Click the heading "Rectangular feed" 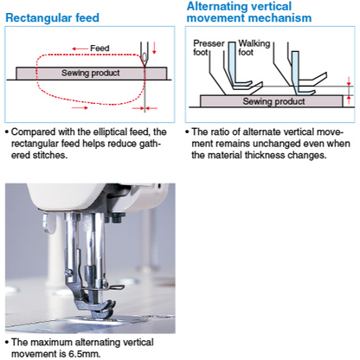click(52, 17)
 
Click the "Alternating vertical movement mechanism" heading click(249, 12)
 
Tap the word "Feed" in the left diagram click(100, 48)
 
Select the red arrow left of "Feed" click(80, 48)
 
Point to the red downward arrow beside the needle click(154, 48)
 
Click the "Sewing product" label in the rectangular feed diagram click(91, 73)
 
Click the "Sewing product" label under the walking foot click(273, 101)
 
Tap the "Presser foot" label click(209, 48)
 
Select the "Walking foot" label click(254, 48)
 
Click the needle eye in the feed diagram click(144, 56)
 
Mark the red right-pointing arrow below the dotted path click(80, 108)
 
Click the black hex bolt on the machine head click(118, 217)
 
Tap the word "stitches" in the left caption click(50, 155)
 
